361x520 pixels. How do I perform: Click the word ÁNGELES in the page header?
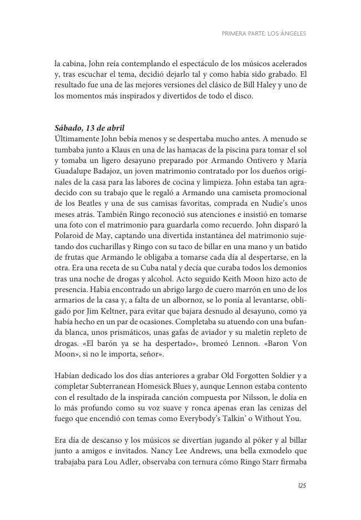292,33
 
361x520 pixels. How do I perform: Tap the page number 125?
302,486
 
